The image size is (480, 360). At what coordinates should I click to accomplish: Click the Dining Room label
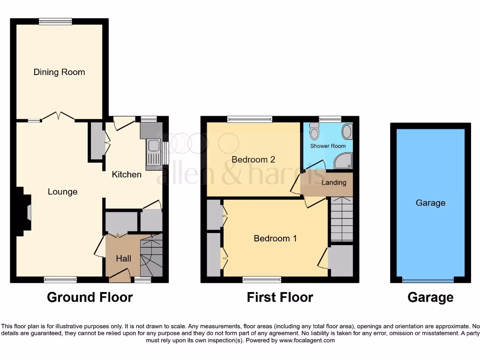click(59, 72)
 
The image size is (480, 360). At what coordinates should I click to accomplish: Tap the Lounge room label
click(62, 192)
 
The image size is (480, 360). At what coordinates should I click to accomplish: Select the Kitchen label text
click(127, 174)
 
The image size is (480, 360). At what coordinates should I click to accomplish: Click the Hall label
click(124, 258)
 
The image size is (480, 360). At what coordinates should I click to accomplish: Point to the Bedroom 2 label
click(253, 159)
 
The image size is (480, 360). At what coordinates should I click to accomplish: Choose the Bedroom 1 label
click(275, 238)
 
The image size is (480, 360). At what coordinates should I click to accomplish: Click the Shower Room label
click(328, 146)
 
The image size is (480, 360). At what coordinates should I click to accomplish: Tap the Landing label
click(334, 182)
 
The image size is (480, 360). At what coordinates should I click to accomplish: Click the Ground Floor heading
click(90, 297)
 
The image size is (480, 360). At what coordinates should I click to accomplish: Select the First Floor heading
click(280, 297)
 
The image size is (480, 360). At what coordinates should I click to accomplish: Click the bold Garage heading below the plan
click(430, 297)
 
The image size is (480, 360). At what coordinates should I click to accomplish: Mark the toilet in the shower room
click(315, 133)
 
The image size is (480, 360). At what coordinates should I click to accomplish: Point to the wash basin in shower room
click(346, 132)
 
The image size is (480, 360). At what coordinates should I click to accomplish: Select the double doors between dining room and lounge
click(58, 117)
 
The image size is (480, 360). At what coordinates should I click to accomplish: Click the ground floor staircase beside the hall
click(151, 256)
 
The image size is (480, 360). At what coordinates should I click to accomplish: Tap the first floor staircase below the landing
click(342, 219)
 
